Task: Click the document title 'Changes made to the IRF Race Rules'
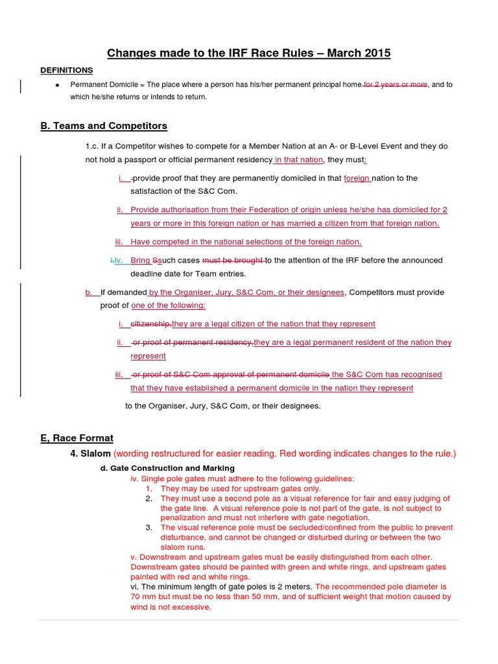click(x=248, y=53)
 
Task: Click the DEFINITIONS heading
click(x=67, y=70)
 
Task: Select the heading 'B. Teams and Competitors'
click(x=104, y=126)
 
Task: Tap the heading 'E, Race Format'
click(x=77, y=438)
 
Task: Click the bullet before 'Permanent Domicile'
click(x=58, y=86)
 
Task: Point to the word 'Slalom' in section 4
click(x=95, y=454)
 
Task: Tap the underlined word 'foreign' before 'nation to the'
click(x=357, y=178)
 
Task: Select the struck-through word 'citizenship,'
click(x=151, y=324)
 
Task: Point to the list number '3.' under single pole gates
click(x=149, y=528)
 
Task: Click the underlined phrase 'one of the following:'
click(x=168, y=305)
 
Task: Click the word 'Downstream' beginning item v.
click(x=161, y=557)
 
